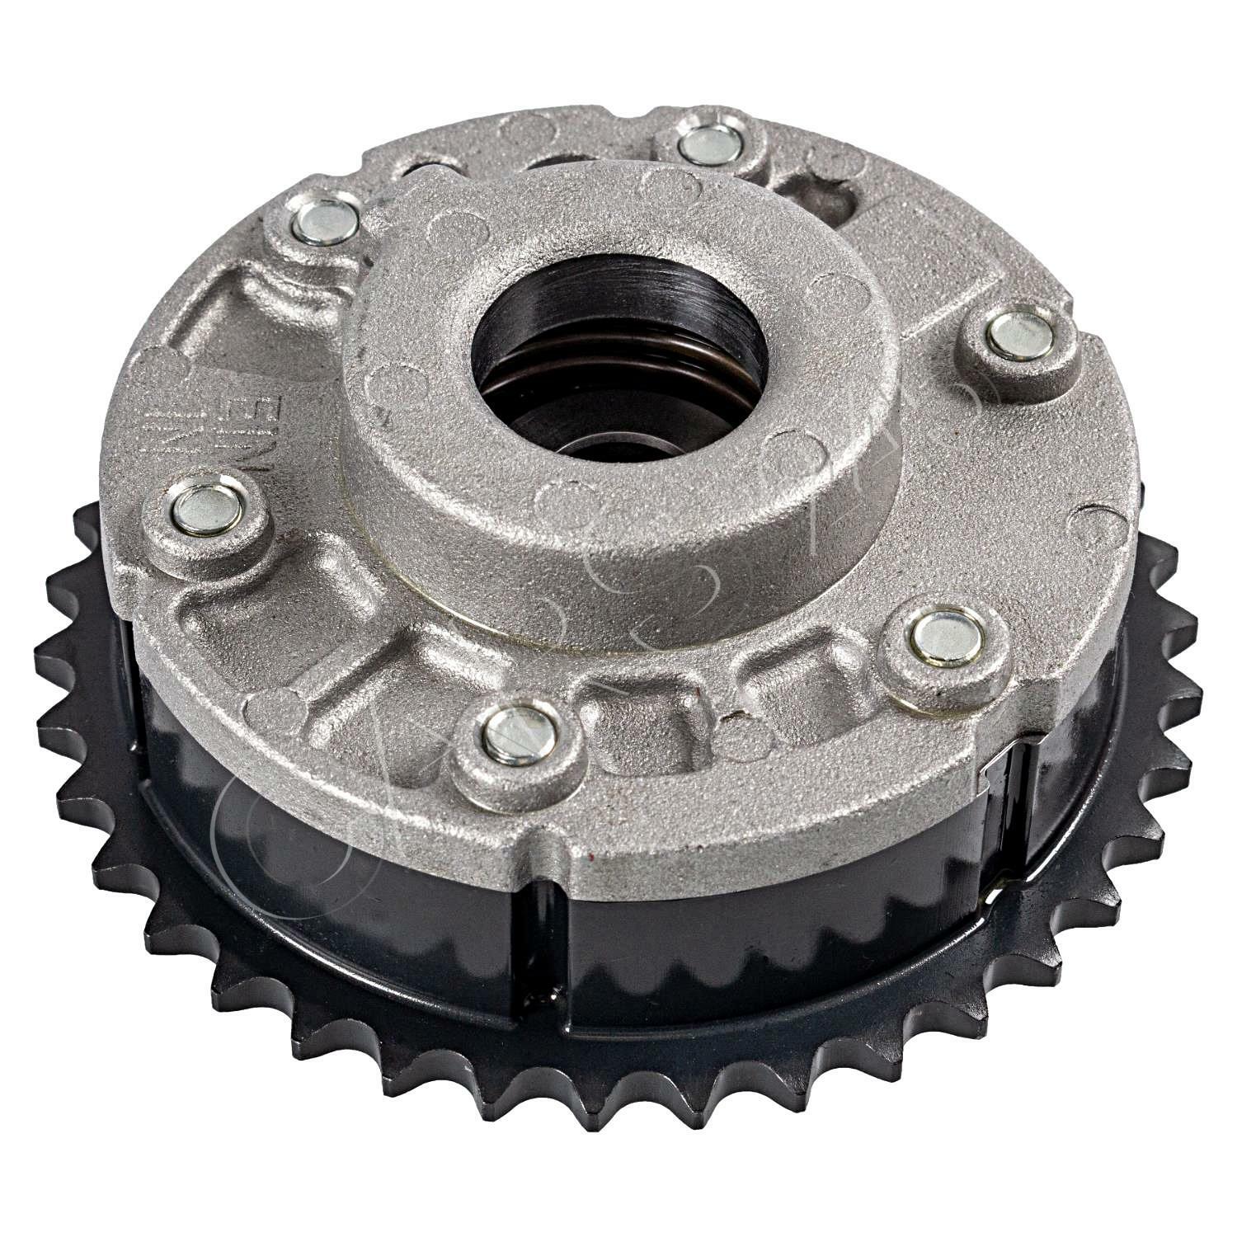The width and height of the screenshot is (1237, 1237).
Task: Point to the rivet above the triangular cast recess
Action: point(326,223)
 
